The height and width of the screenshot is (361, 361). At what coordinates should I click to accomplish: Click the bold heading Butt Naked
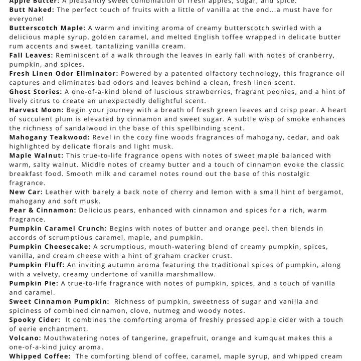[32, 10]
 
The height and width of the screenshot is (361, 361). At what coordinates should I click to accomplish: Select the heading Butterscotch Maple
[47, 28]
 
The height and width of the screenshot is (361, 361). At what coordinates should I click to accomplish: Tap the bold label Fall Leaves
[31, 55]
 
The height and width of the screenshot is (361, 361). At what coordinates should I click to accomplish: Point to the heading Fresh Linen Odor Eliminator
[64, 74]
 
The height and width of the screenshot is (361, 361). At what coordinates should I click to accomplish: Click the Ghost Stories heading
[36, 92]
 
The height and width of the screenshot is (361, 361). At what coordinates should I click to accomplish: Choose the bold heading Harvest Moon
[36, 110]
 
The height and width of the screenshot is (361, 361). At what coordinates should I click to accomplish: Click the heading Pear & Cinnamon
[42, 210]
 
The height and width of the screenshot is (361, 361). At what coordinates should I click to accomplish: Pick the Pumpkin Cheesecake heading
[50, 247]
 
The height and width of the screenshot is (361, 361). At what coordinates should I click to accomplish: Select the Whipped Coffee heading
[40, 356]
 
